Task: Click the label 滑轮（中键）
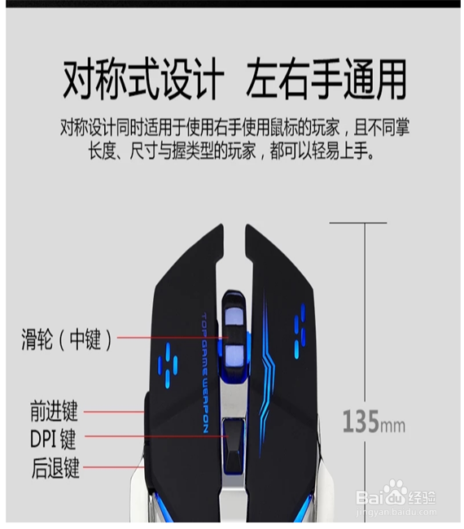(67, 339)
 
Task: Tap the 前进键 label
(54, 411)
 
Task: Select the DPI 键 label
(53, 439)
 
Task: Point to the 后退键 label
(55, 468)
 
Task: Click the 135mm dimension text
(374, 422)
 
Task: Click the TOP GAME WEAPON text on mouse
(205, 373)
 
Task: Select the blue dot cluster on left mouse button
(168, 365)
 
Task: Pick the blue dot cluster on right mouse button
(300, 331)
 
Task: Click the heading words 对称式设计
(144, 80)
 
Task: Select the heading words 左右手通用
(326, 80)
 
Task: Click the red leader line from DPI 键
(156, 436)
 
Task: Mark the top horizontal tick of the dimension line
(358, 223)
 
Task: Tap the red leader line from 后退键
(113, 467)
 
